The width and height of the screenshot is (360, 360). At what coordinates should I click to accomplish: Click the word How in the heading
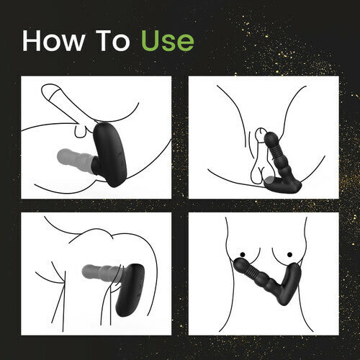[53, 41]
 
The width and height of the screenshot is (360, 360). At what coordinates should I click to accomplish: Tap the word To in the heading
[113, 41]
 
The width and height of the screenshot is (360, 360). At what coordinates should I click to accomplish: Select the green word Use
[168, 41]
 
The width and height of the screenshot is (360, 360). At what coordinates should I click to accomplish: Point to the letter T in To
[104, 41]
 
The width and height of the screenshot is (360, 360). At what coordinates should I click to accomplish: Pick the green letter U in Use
[150, 41]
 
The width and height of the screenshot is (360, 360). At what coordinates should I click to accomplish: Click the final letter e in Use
[186, 43]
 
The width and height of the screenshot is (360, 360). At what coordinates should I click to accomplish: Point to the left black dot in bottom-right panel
[243, 254]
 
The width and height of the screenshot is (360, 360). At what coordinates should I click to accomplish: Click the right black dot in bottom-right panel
[289, 254]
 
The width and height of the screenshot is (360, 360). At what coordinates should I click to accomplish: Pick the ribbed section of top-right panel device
[273, 152]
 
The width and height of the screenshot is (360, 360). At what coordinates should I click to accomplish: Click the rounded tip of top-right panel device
[271, 138]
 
